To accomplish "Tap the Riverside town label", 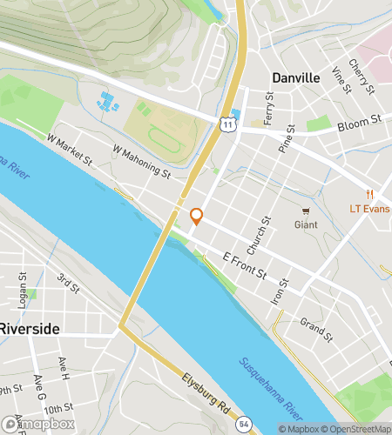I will coord(30,329).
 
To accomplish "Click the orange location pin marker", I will coord(196,217).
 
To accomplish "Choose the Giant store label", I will coord(306,224).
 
